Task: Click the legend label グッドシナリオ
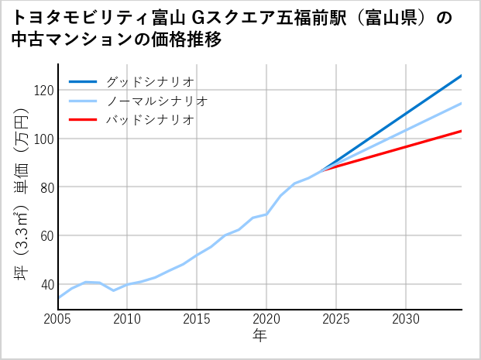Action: point(149,81)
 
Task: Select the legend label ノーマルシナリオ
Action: point(156,101)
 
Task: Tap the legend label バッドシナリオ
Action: point(149,120)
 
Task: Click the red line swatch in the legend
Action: point(83,120)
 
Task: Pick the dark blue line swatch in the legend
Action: point(83,81)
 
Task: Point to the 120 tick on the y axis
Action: point(43,91)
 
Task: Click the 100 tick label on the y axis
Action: point(43,139)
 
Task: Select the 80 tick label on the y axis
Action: point(46,187)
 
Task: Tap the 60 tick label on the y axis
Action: point(46,235)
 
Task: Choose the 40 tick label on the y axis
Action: point(46,284)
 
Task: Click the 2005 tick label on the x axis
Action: point(58,319)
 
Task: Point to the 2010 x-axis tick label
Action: point(128,319)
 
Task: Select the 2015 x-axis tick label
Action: point(198,319)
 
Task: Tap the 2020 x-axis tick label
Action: point(266,319)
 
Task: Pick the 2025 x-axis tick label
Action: point(336,319)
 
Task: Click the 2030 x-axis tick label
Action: point(406,319)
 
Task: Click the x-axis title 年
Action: point(259,336)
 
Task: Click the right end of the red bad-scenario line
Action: point(461,131)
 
